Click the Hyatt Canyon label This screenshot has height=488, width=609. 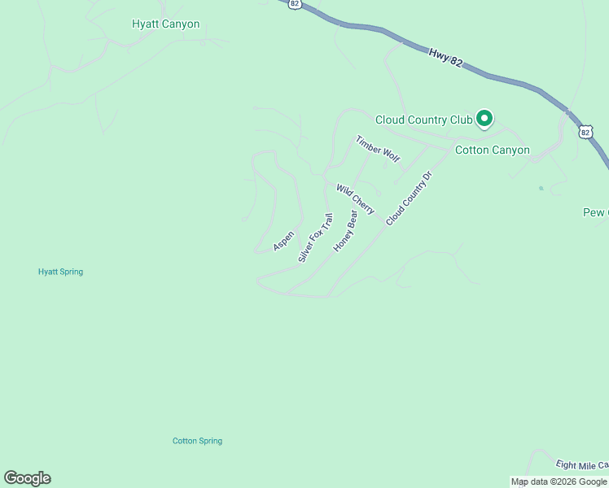165,24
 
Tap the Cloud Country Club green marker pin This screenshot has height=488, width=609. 484,120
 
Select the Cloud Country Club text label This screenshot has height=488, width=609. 423,120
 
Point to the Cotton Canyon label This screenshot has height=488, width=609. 492,150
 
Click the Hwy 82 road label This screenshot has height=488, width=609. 445,56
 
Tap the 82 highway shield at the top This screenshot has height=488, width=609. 295,4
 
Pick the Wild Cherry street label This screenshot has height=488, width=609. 355,199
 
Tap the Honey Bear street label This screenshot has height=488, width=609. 345,231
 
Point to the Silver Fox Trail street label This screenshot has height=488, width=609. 315,237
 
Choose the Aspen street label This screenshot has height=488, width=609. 283,241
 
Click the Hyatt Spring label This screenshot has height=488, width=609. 60,272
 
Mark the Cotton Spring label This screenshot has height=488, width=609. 197,441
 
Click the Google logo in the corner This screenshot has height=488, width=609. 27,478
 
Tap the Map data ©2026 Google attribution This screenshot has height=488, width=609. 559,481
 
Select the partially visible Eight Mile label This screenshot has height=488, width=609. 581,465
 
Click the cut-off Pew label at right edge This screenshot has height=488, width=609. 595,212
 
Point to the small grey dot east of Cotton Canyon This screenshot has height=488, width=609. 541,188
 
